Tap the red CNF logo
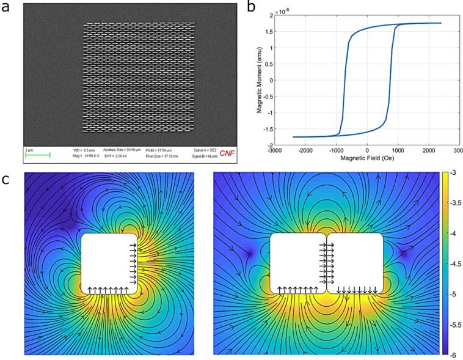(226, 152)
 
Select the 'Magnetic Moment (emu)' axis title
(260, 81)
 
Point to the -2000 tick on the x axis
(305, 150)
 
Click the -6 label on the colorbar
(450, 354)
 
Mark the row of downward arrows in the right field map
(357, 290)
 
